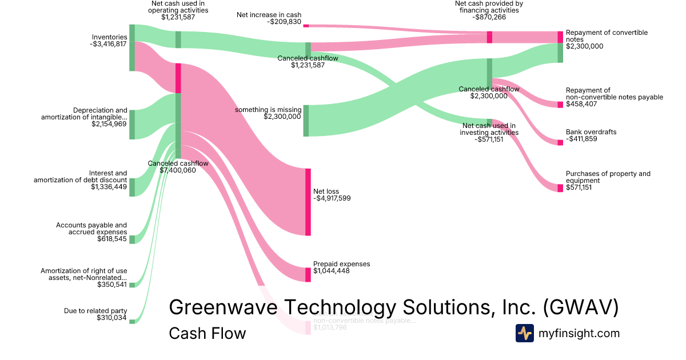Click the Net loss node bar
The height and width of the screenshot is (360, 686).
[x=308, y=202]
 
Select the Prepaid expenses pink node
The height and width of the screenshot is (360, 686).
[x=308, y=274]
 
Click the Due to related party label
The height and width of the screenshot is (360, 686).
[x=95, y=311]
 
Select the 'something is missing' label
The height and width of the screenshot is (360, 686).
[x=268, y=109]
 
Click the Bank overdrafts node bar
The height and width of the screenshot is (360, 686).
[x=560, y=142]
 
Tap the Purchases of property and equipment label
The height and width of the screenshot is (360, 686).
[x=608, y=177]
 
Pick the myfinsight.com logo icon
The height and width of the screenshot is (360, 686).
[x=524, y=333]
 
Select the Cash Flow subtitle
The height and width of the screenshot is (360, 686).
[x=207, y=333]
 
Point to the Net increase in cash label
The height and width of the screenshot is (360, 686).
[x=269, y=15]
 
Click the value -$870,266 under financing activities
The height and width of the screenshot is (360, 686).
[x=489, y=17]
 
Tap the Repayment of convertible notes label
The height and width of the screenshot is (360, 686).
[x=607, y=36]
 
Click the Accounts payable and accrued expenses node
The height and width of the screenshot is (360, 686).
[x=131, y=239]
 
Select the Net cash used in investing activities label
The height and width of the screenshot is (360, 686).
[x=489, y=129]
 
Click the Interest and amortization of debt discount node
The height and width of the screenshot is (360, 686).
[x=131, y=187]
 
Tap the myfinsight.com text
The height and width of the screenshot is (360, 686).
[x=579, y=333]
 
